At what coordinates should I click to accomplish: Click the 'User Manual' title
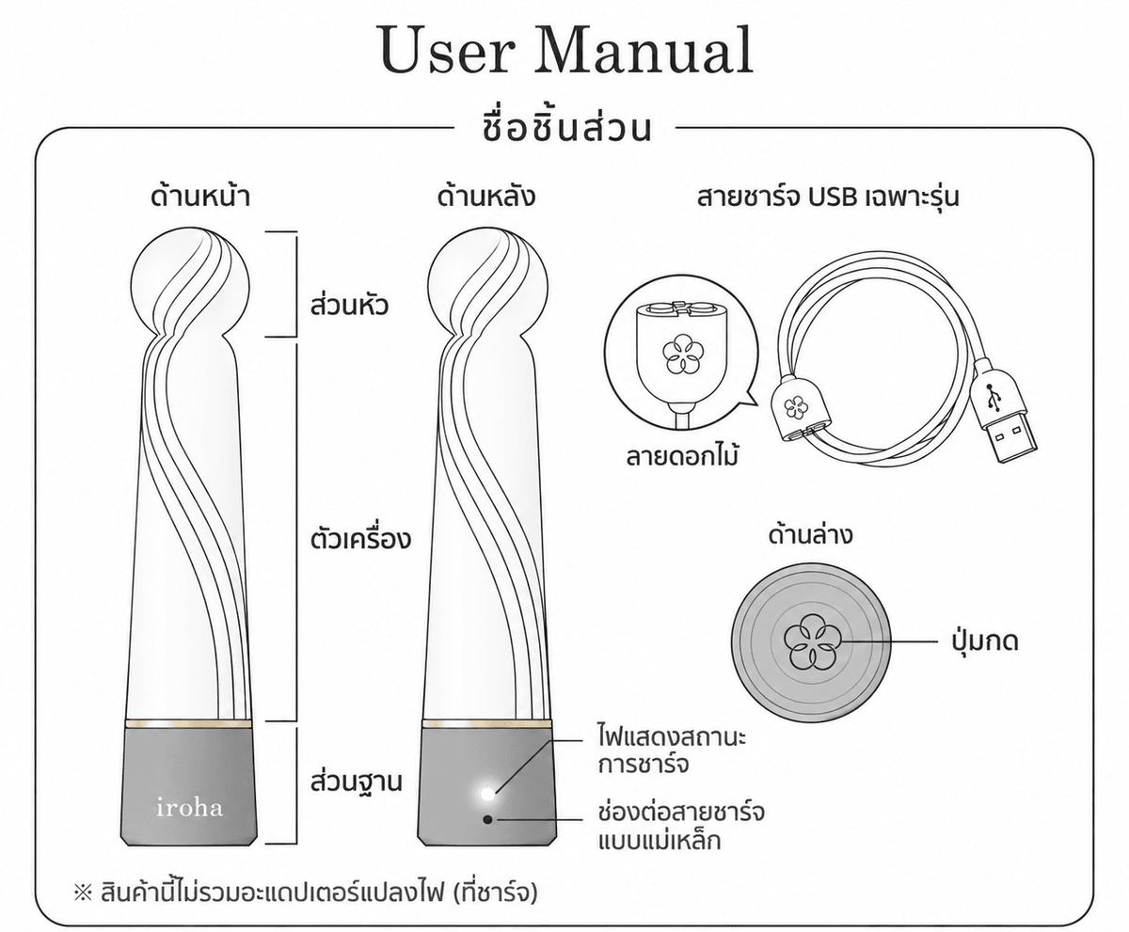point(566,50)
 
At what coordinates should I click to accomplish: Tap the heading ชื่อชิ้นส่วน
point(565,128)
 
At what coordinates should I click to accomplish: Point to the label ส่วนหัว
point(349,305)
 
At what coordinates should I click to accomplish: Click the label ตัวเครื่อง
point(360,539)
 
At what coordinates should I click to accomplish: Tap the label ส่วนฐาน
point(357,782)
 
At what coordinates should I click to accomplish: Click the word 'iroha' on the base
point(189,808)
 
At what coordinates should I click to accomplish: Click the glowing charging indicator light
point(487,794)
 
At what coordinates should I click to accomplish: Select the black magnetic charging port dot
point(487,819)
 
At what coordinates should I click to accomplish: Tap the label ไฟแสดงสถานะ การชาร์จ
point(672,750)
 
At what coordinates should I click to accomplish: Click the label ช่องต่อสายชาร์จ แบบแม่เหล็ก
point(681,827)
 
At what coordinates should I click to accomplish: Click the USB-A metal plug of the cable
point(1008,437)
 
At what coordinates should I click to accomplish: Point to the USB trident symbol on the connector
point(992,397)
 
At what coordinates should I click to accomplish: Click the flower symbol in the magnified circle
point(681,355)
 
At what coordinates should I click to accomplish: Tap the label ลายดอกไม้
point(682,456)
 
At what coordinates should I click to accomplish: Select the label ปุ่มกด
point(985,641)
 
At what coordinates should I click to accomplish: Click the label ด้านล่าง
point(810,534)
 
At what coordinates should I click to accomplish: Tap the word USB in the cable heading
point(833,197)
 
